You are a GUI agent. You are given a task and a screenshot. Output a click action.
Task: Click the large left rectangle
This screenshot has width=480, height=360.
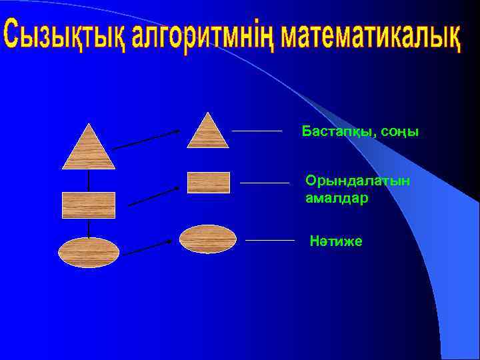coord(89,205)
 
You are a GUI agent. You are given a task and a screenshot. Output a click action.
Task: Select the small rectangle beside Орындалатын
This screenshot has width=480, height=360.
coord(209,182)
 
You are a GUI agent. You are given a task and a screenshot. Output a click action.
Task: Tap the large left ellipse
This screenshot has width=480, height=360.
coord(89,252)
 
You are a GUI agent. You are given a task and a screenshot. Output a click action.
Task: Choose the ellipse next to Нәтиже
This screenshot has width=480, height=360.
coord(208,239)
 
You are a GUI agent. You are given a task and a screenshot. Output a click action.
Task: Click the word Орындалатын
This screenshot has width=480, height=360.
coord(357,180)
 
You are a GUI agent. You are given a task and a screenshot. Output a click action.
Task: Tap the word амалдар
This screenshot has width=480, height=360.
coord(337,199)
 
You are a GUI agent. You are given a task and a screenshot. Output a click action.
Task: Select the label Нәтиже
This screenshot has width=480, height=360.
coord(336,241)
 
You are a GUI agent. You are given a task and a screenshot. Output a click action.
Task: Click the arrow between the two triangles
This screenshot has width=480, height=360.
coord(146,139)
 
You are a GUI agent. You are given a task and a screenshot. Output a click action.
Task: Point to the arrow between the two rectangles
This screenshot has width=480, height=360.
coord(153,196)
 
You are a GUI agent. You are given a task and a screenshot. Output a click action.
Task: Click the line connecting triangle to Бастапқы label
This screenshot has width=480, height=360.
coord(257,131)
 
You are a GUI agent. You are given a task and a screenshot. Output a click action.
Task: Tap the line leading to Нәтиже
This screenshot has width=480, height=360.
coord(269,239)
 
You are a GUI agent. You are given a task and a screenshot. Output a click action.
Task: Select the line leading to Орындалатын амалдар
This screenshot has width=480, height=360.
coord(264,182)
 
